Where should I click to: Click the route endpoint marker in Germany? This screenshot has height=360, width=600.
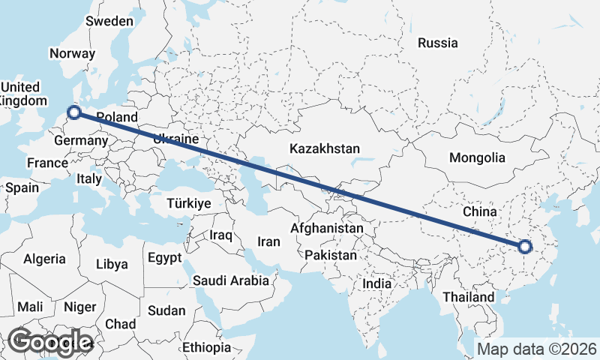tap(74, 113)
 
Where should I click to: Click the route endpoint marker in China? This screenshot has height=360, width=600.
tap(524, 246)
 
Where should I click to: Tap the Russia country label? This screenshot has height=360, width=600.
tap(438, 43)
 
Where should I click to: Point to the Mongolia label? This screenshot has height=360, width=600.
tap(477, 158)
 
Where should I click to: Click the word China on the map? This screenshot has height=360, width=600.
tap(480, 212)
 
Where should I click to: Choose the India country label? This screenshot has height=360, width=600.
tap(376, 284)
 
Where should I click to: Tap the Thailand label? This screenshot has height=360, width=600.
tap(469, 297)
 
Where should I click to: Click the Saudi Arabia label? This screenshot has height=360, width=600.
tap(231, 281)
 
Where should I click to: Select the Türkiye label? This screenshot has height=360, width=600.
tap(188, 203)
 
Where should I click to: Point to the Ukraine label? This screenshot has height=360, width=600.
tap(175, 139)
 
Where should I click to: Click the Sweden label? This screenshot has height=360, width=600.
tap(109, 21)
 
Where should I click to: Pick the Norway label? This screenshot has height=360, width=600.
tap(72, 53)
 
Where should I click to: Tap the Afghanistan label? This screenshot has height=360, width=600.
tap(327, 228)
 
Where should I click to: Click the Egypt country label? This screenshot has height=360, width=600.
tap(164, 258)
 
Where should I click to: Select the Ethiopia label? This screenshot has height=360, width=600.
tap(206, 348)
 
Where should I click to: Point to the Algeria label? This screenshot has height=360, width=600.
tap(45, 259)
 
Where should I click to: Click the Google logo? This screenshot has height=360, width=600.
tap(50, 342)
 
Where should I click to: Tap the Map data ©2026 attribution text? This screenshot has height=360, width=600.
tap(537, 349)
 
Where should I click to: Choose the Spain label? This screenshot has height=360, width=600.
tap(22, 187)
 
